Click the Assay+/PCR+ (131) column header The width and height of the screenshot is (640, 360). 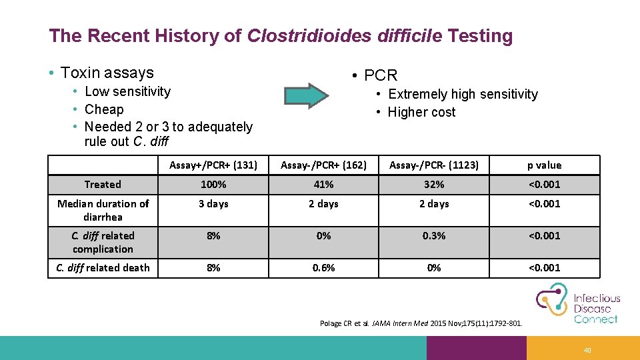213,165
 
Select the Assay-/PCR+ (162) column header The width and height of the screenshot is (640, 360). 323,165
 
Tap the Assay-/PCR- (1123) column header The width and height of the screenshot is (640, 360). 434,165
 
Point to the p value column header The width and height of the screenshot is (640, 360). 544,165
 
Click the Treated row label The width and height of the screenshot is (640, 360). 103,185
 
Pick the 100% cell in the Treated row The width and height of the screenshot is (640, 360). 213,185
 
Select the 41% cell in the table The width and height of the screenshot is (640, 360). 323,185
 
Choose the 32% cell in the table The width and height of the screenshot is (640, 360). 434,185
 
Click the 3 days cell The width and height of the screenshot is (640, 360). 213,204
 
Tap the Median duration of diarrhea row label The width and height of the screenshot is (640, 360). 103,210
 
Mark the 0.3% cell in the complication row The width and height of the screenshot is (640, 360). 434,236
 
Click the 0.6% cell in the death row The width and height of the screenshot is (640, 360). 323,268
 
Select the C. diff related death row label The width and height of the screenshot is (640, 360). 103,268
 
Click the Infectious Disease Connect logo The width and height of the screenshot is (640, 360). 578,304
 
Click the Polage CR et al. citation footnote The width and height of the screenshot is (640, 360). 421,324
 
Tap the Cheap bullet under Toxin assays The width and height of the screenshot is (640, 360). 104,109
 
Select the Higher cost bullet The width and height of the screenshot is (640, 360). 421,112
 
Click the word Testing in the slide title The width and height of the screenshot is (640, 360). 480,36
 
